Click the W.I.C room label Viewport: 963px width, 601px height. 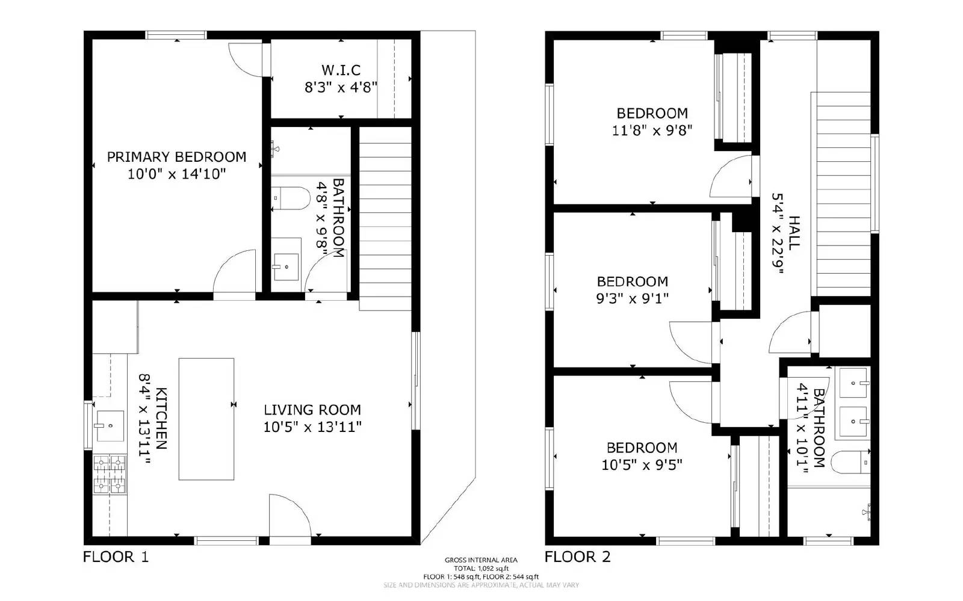click(x=341, y=70)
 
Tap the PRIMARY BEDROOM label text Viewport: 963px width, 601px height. click(x=176, y=157)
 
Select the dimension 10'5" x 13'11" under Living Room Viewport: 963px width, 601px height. click(x=312, y=427)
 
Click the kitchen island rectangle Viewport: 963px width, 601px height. click(x=206, y=419)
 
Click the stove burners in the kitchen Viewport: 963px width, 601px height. click(x=110, y=475)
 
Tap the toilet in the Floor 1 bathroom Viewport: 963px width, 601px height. click(x=290, y=197)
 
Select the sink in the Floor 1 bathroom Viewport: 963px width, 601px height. click(x=285, y=264)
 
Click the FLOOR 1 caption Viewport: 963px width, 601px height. click(x=116, y=557)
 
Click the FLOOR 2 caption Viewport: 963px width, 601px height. click(x=577, y=557)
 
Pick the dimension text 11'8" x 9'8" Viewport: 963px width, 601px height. click(x=652, y=130)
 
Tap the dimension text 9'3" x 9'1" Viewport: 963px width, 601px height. click(x=632, y=298)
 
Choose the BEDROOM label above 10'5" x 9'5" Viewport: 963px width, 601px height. click(x=642, y=448)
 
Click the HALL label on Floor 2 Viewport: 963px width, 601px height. click(x=794, y=233)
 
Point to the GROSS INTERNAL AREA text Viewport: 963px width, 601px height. click(x=481, y=560)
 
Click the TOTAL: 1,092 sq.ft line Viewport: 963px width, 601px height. click(x=481, y=569)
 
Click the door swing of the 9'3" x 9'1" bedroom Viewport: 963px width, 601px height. click(x=692, y=341)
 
